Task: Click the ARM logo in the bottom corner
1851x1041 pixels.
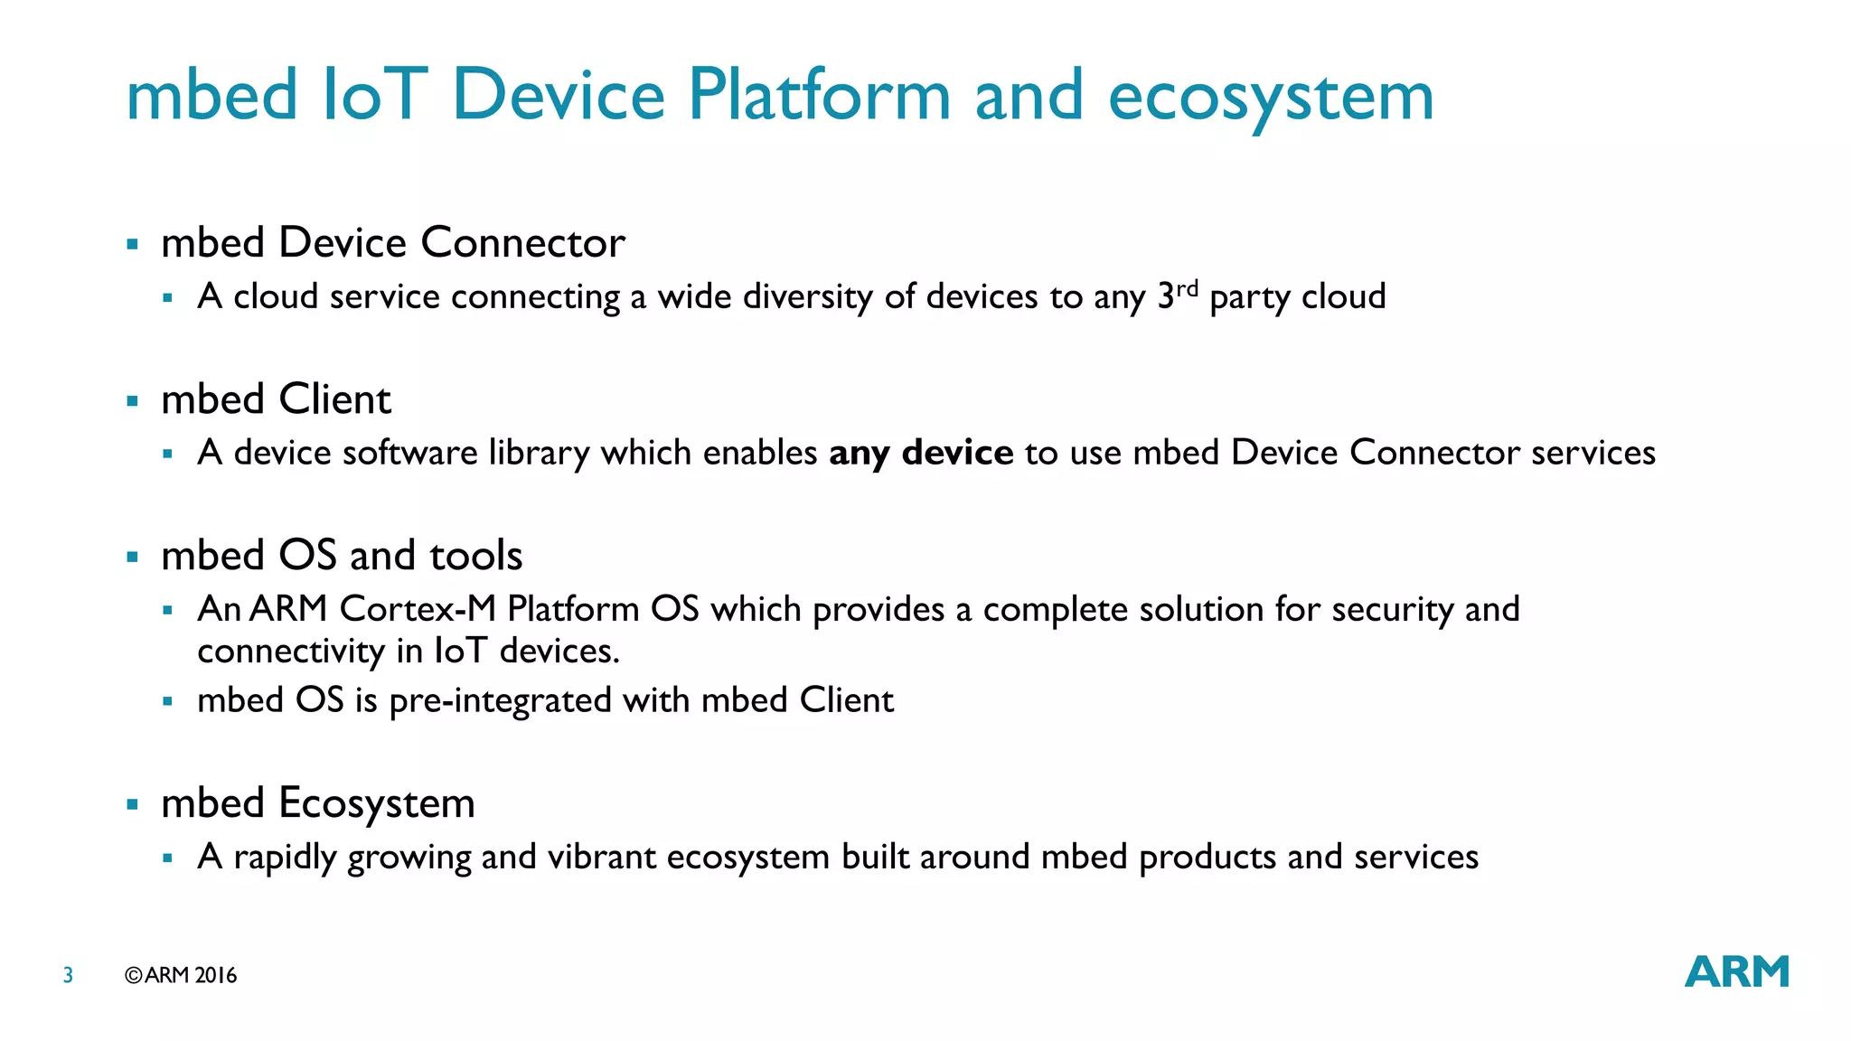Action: pyautogui.click(x=1736, y=971)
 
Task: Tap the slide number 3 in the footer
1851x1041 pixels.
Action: pyautogui.click(x=68, y=975)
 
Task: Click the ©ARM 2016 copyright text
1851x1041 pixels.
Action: pyautogui.click(x=181, y=975)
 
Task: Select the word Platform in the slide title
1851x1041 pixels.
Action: pyautogui.click(x=819, y=95)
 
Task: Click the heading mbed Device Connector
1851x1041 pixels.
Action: pyautogui.click(x=392, y=242)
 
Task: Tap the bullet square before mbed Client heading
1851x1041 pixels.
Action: pyautogui.click(x=133, y=400)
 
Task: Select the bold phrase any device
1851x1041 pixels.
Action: pyautogui.click(x=920, y=453)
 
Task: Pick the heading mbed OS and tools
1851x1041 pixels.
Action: pyautogui.click(x=342, y=555)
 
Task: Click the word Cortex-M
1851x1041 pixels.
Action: pyautogui.click(x=418, y=609)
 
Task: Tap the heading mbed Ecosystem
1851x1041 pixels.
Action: pyautogui.click(x=317, y=802)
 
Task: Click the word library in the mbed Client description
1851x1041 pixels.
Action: pyautogui.click(x=539, y=453)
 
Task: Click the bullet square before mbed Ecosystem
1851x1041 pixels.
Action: pyautogui.click(x=133, y=804)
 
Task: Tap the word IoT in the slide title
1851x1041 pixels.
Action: pyautogui.click(x=373, y=95)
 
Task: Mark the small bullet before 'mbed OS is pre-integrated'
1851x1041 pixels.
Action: pyautogui.click(x=167, y=701)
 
